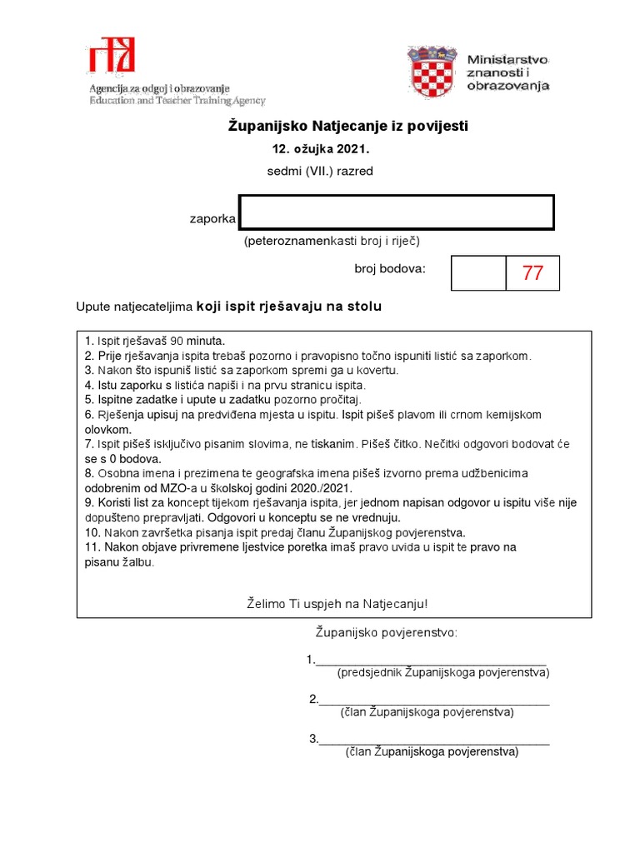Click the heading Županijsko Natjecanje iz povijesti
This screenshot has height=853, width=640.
(348, 127)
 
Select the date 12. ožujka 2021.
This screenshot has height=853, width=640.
(320, 150)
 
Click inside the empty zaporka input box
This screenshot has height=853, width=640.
(397, 212)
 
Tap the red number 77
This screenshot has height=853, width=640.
(532, 273)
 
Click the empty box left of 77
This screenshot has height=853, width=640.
(478, 273)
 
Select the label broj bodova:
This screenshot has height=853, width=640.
(390, 269)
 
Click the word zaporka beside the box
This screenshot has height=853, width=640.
(213, 220)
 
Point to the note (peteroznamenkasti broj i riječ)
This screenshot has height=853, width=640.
(332, 242)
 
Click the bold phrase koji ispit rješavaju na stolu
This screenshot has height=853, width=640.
(289, 307)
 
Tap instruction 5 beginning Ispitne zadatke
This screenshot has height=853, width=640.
(222, 399)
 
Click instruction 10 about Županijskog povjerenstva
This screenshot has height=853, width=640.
(275, 531)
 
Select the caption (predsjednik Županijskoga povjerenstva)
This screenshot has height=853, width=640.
(443, 672)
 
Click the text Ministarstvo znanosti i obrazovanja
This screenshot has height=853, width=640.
(507, 72)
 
